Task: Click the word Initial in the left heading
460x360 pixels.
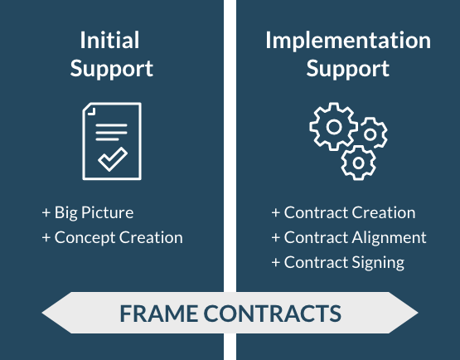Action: (x=109, y=40)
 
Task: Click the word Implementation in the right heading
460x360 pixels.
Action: (x=348, y=41)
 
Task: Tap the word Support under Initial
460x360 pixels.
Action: (x=112, y=68)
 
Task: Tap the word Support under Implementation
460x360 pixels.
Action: (x=347, y=68)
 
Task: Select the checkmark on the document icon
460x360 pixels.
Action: (x=113, y=159)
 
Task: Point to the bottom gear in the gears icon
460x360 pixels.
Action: (x=358, y=163)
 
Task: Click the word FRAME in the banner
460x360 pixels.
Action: (x=158, y=314)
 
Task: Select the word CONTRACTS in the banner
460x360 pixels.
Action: (x=273, y=314)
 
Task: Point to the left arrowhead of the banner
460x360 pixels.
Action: (x=56, y=313)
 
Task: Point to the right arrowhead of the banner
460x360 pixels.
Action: (x=404, y=313)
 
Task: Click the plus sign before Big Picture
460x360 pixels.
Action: (x=46, y=212)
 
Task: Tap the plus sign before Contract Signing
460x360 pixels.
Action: (x=276, y=262)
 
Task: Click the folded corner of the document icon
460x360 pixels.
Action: (x=91, y=111)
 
